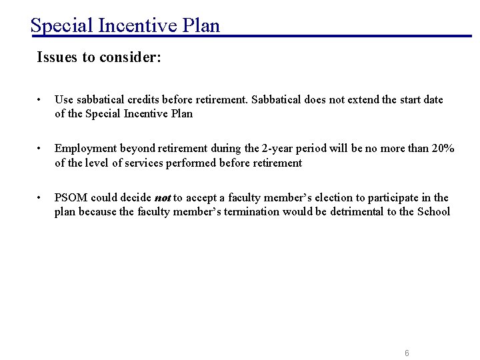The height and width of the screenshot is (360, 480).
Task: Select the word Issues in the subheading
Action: point(57,57)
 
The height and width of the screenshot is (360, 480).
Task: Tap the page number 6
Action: point(407,353)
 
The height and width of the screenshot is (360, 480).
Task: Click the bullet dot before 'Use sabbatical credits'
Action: point(41,100)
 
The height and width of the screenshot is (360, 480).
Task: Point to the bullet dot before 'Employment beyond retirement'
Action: point(41,149)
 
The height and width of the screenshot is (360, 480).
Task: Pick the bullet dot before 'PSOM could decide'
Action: point(41,198)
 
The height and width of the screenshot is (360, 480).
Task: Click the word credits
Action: point(149,100)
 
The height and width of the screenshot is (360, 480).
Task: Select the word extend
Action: point(363,100)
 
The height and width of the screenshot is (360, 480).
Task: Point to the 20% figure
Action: point(443,149)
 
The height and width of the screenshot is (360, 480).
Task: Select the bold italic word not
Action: point(163,198)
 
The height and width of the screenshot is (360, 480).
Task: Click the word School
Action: point(434,212)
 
